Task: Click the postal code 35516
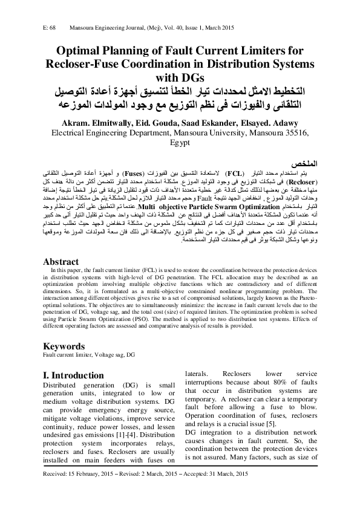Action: click(295, 133)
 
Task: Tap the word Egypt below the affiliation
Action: click(180, 143)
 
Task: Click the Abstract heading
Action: click(61, 262)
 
